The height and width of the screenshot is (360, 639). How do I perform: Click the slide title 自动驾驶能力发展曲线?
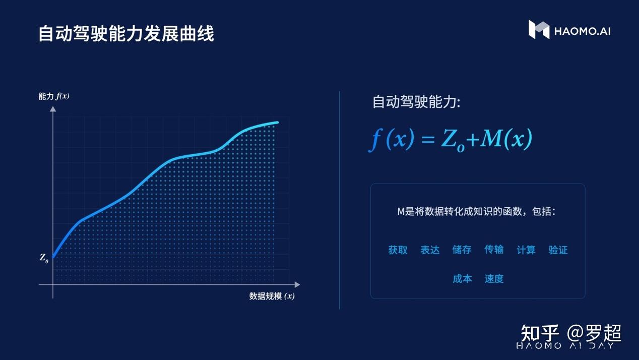click(126, 33)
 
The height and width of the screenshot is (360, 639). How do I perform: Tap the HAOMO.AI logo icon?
click(538, 30)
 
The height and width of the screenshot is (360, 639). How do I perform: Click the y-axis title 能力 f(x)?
click(53, 96)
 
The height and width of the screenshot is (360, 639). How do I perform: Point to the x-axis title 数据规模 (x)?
click(272, 296)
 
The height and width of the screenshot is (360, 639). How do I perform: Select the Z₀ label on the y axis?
click(44, 258)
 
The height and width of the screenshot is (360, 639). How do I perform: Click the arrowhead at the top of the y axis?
click(53, 109)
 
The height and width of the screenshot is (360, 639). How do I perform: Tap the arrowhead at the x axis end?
click(297, 285)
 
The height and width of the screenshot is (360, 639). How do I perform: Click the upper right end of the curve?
click(277, 122)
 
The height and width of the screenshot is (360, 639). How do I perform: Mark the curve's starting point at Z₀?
click(53, 257)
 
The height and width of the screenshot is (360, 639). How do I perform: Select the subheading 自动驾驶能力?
click(416, 102)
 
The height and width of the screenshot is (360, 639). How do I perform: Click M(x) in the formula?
click(505, 138)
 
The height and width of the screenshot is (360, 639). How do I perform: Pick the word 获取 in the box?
click(398, 250)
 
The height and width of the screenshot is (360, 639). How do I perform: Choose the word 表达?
click(430, 250)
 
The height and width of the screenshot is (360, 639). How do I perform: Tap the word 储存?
click(462, 250)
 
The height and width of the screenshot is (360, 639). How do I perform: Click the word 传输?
click(494, 250)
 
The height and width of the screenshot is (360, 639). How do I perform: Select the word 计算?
click(526, 250)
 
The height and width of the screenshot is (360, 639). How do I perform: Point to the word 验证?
click(558, 250)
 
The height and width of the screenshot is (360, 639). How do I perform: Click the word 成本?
click(462, 279)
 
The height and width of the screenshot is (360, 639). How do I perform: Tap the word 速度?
click(494, 279)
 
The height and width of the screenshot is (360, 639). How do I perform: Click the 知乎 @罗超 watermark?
click(570, 333)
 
